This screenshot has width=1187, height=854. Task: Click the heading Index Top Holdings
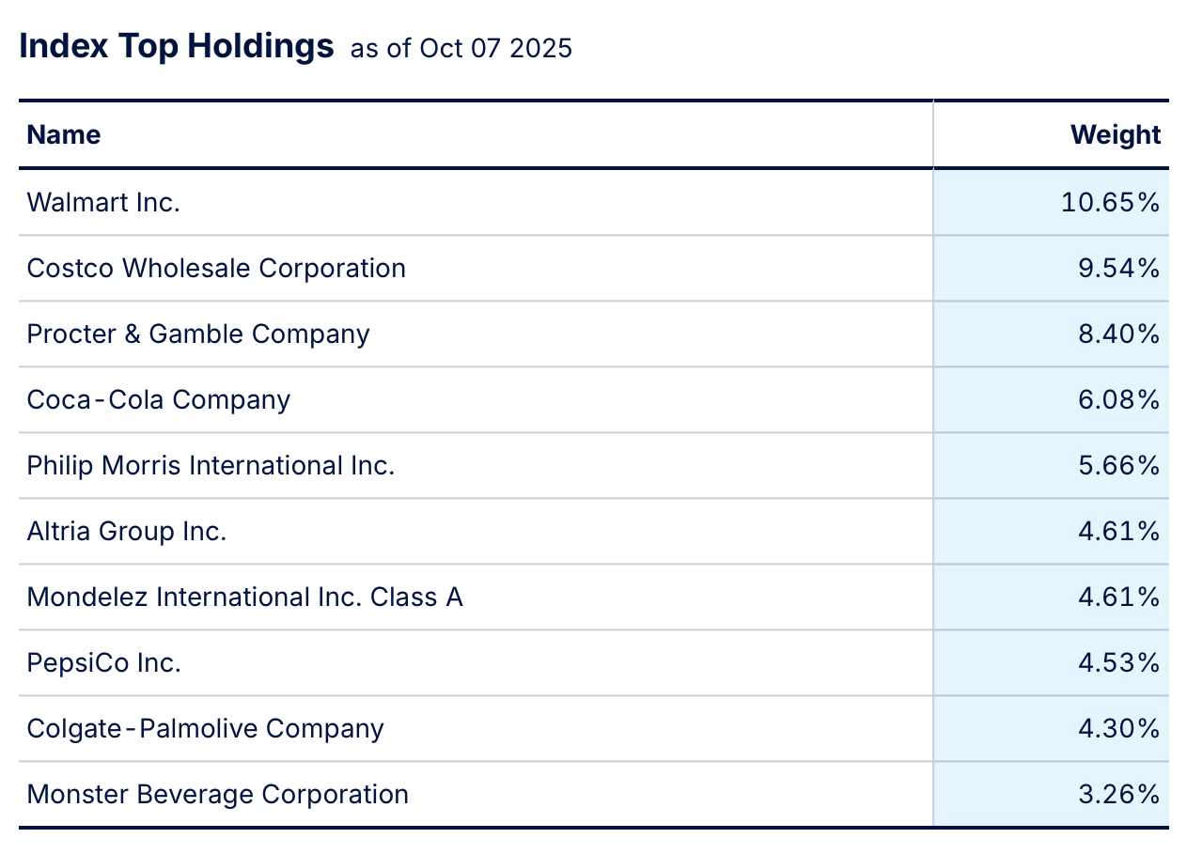177,46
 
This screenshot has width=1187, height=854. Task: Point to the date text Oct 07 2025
495,49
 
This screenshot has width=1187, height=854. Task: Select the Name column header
64,134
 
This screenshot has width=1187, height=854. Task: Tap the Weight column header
1116,134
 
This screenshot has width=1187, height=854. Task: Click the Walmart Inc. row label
103,202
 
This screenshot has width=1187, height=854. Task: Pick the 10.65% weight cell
1111,202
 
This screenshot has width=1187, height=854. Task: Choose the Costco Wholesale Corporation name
216,268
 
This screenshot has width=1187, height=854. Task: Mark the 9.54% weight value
1118,268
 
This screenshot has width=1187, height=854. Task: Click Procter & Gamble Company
198,334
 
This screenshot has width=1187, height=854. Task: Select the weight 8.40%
1118,334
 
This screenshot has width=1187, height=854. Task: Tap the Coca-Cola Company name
159,399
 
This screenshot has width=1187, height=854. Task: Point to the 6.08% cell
1118,399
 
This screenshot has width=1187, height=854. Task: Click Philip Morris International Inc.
211,465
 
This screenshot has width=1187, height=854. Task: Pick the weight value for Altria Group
1118,531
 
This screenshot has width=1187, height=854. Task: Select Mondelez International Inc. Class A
244,597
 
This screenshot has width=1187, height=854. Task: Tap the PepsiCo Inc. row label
103,662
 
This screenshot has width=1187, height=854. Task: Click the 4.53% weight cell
1118,662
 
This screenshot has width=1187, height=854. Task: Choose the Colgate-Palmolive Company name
205,728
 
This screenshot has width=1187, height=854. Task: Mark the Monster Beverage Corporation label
218,794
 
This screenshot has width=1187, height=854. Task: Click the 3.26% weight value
1118,794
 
